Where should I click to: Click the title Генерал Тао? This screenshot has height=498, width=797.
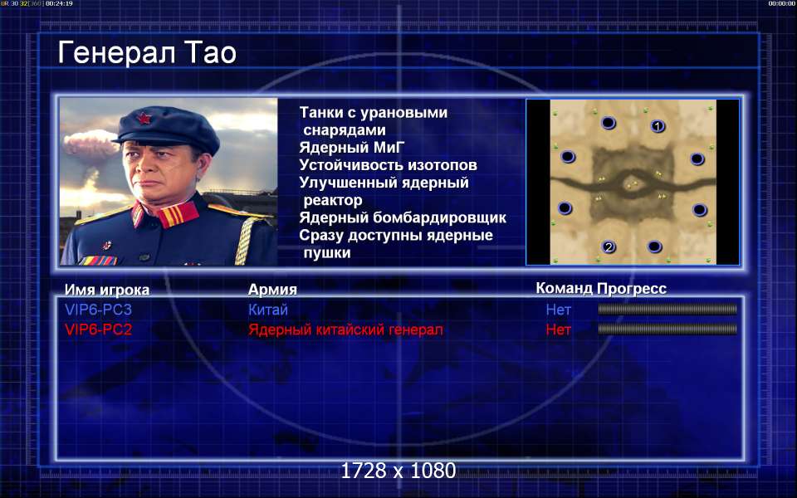[147, 53]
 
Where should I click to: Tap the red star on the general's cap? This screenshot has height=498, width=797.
[144, 119]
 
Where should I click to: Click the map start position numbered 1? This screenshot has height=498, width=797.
[658, 126]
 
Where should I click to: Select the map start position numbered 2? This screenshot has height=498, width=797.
[609, 247]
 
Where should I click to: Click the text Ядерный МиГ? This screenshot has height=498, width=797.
[352, 148]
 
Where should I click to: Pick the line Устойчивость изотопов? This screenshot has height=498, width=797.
[388, 165]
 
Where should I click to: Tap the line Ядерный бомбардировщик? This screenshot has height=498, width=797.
[403, 217]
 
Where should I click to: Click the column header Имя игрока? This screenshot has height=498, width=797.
[107, 290]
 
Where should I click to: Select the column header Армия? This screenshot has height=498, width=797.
[272, 289]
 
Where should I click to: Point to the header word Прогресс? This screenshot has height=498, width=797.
[631, 288]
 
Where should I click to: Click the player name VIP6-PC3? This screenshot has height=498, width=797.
[98, 310]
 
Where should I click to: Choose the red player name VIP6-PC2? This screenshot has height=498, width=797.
[98, 330]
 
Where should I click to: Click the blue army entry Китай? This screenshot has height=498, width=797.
[268, 310]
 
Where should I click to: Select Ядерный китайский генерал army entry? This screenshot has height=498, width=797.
[345, 330]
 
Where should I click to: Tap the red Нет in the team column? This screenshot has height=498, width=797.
[559, 330]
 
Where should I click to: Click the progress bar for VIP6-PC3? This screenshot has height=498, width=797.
[667, 309]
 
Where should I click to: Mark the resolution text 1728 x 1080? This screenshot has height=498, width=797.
[398, 471]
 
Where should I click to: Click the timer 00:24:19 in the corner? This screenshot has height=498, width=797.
[59, 3]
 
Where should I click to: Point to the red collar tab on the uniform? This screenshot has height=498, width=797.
[177, 214]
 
